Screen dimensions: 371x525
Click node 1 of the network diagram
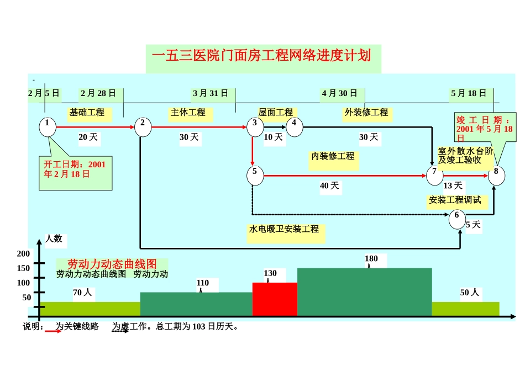[48, 126]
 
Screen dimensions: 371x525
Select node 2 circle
[143, 126]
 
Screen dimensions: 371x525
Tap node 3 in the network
[255, 126]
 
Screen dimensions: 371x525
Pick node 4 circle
[295, 126]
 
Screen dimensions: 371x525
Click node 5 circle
[255, 175]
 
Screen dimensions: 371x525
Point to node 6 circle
[457, 219]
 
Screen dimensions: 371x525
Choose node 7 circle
[435, 175]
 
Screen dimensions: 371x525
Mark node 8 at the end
[496, 175]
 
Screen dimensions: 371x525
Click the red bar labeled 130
[275, 299]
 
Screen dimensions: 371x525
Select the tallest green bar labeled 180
[364, 291]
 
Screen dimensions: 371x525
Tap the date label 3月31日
[211, 93]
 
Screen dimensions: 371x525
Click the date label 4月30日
[340, 93]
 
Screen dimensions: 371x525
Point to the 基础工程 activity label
[87, 113]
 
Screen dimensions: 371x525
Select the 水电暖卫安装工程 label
[284, 229]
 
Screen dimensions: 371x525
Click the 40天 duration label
[329, 186]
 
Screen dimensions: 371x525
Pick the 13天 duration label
[453, 186]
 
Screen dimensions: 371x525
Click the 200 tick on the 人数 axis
[24, 253]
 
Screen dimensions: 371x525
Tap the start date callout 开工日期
[75, 169]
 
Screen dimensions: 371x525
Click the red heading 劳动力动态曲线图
[112, 264]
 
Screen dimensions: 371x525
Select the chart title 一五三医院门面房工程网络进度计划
[261, 56]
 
